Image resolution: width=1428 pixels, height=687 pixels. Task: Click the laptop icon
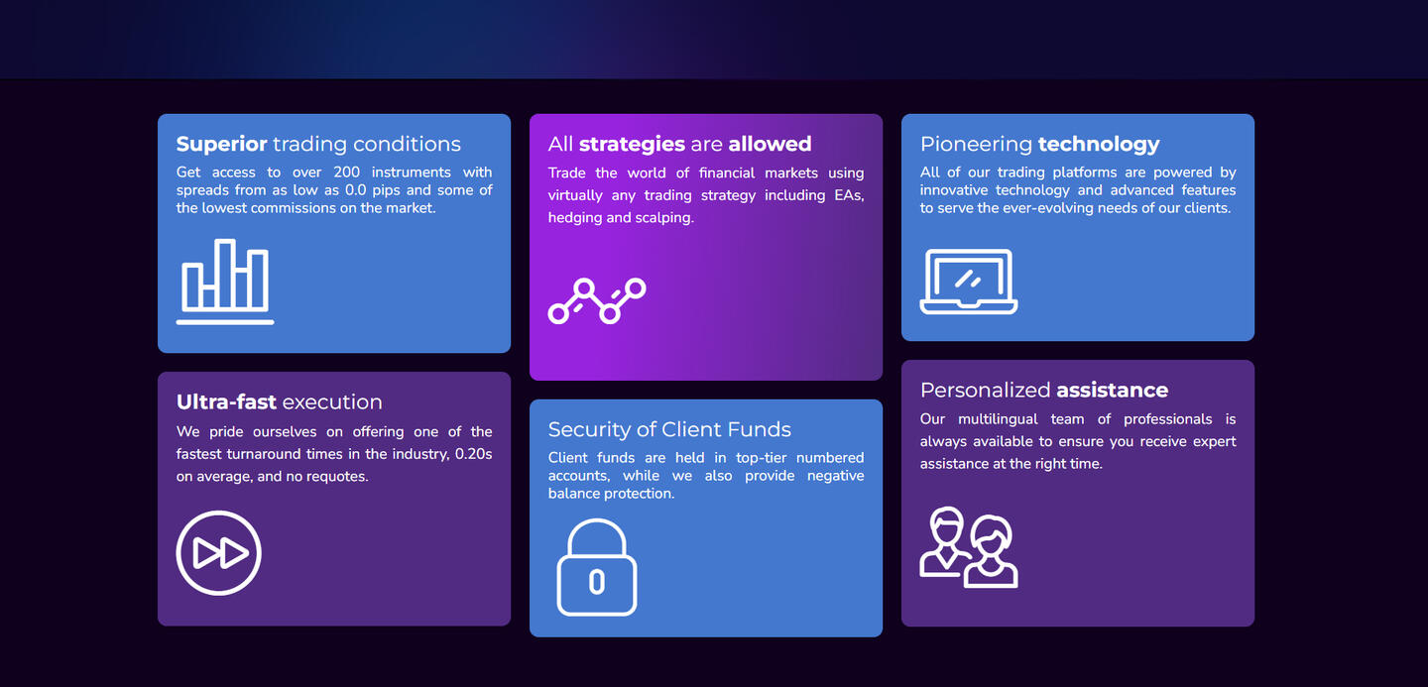point(968,281)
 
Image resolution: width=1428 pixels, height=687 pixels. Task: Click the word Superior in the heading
point(221,144)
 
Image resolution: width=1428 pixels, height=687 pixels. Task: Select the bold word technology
point(1099,144)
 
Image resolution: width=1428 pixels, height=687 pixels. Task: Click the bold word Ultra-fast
point(226,401)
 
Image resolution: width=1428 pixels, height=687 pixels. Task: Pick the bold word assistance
point(1113,390)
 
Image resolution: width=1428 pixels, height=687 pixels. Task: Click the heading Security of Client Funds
point(669,429)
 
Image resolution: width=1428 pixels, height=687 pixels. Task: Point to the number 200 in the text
point(347,172)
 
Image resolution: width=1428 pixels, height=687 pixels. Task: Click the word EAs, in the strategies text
point(849,195)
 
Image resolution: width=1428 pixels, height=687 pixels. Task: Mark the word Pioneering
point(976,145)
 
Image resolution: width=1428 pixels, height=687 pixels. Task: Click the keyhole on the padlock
point(597,582)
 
